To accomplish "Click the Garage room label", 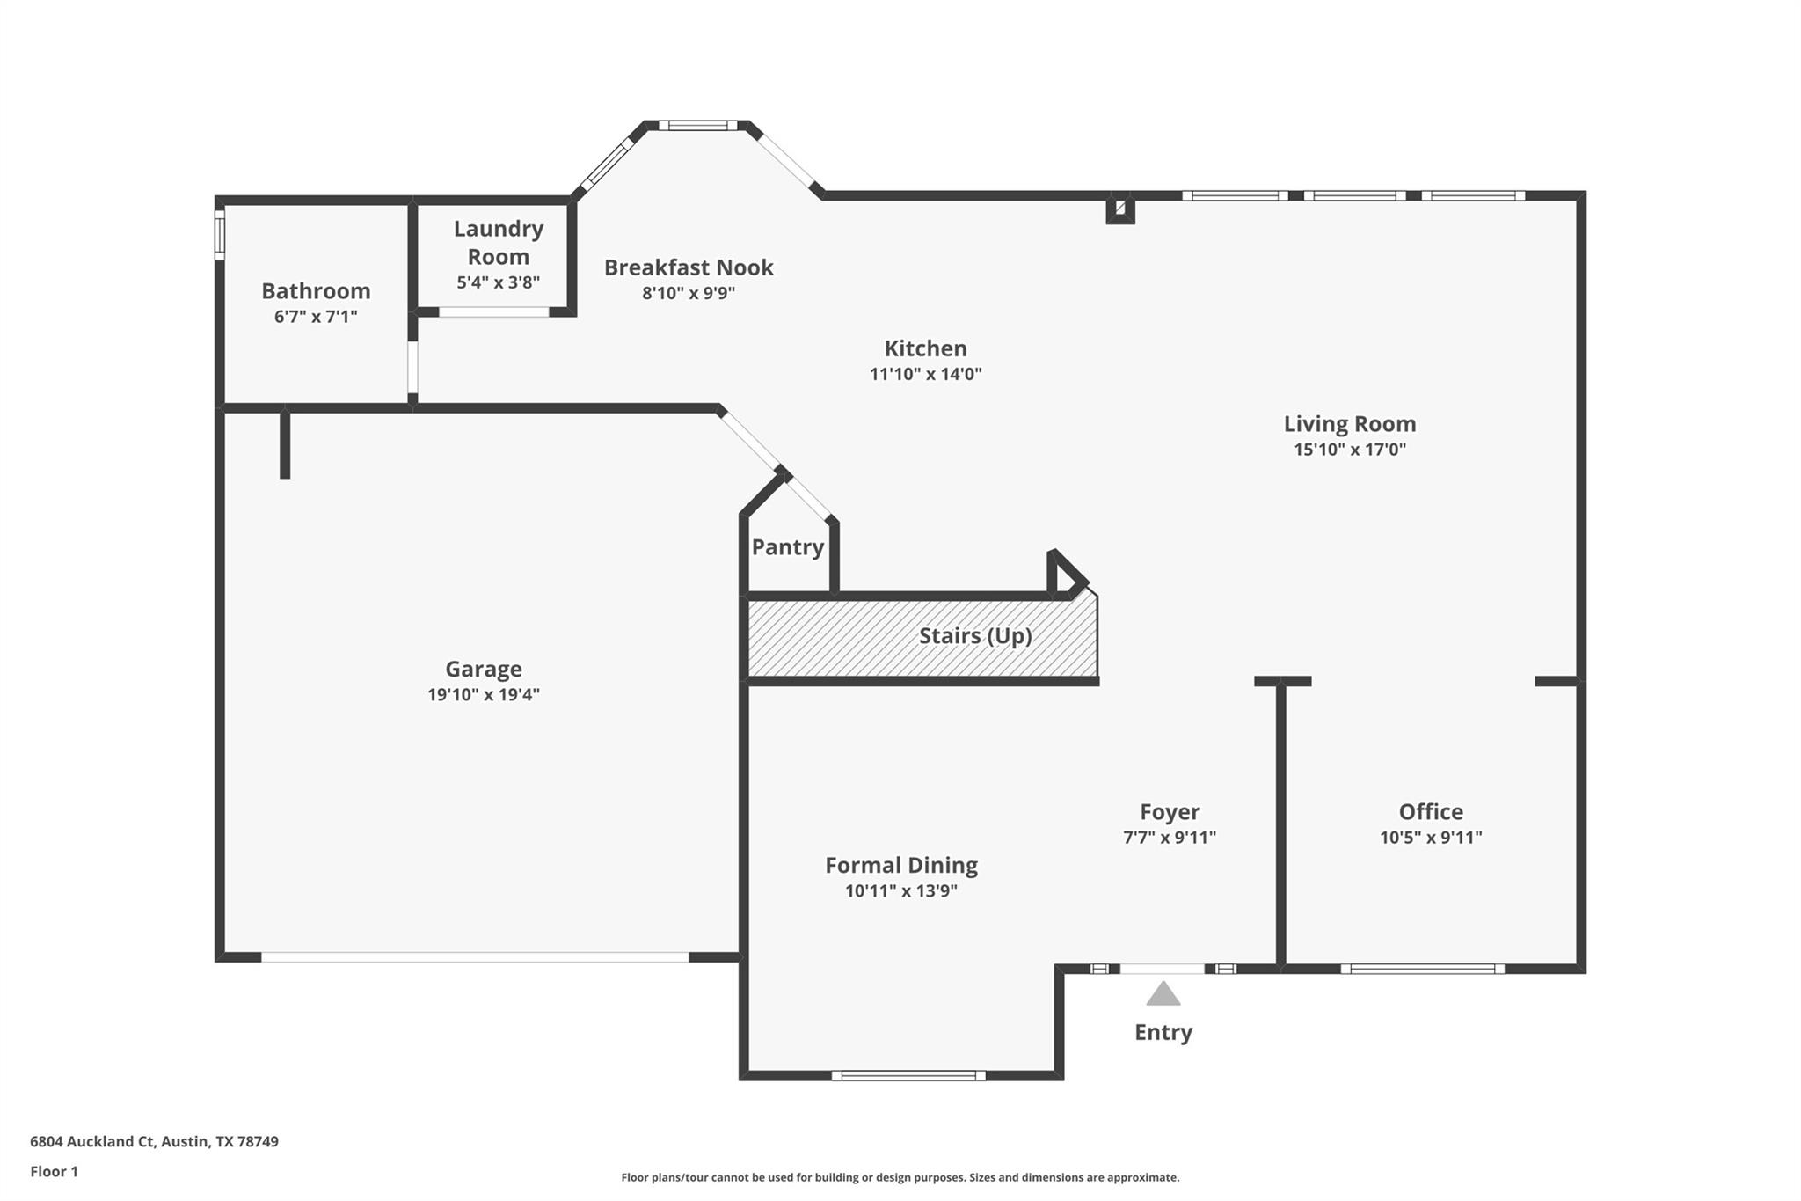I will click(483, 669).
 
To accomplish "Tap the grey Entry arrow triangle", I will click(1163, 994).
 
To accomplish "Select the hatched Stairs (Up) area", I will click(922, 636).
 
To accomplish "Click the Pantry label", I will click(787, 547).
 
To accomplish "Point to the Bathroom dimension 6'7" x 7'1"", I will click(316, 317).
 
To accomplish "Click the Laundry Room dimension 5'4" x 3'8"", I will click(498, 282).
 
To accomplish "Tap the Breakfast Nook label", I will click(688, 267).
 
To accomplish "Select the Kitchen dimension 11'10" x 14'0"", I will click(925, 374).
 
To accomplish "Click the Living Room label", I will click(1349, 424).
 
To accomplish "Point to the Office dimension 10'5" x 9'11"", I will click(1430, 838).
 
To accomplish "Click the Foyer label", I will click(1169, 812).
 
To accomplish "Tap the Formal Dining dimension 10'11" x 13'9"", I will click(900, 891).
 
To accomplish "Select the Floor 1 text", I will click(54, 1171).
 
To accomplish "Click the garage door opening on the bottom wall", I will click(475, 957).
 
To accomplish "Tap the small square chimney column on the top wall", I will click(1119, 209).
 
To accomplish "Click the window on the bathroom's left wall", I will click(220, 233).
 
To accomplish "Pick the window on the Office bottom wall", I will click(1422, 969).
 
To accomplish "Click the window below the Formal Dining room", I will click(908, 1075).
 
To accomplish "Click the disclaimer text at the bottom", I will click(900, 1177).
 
